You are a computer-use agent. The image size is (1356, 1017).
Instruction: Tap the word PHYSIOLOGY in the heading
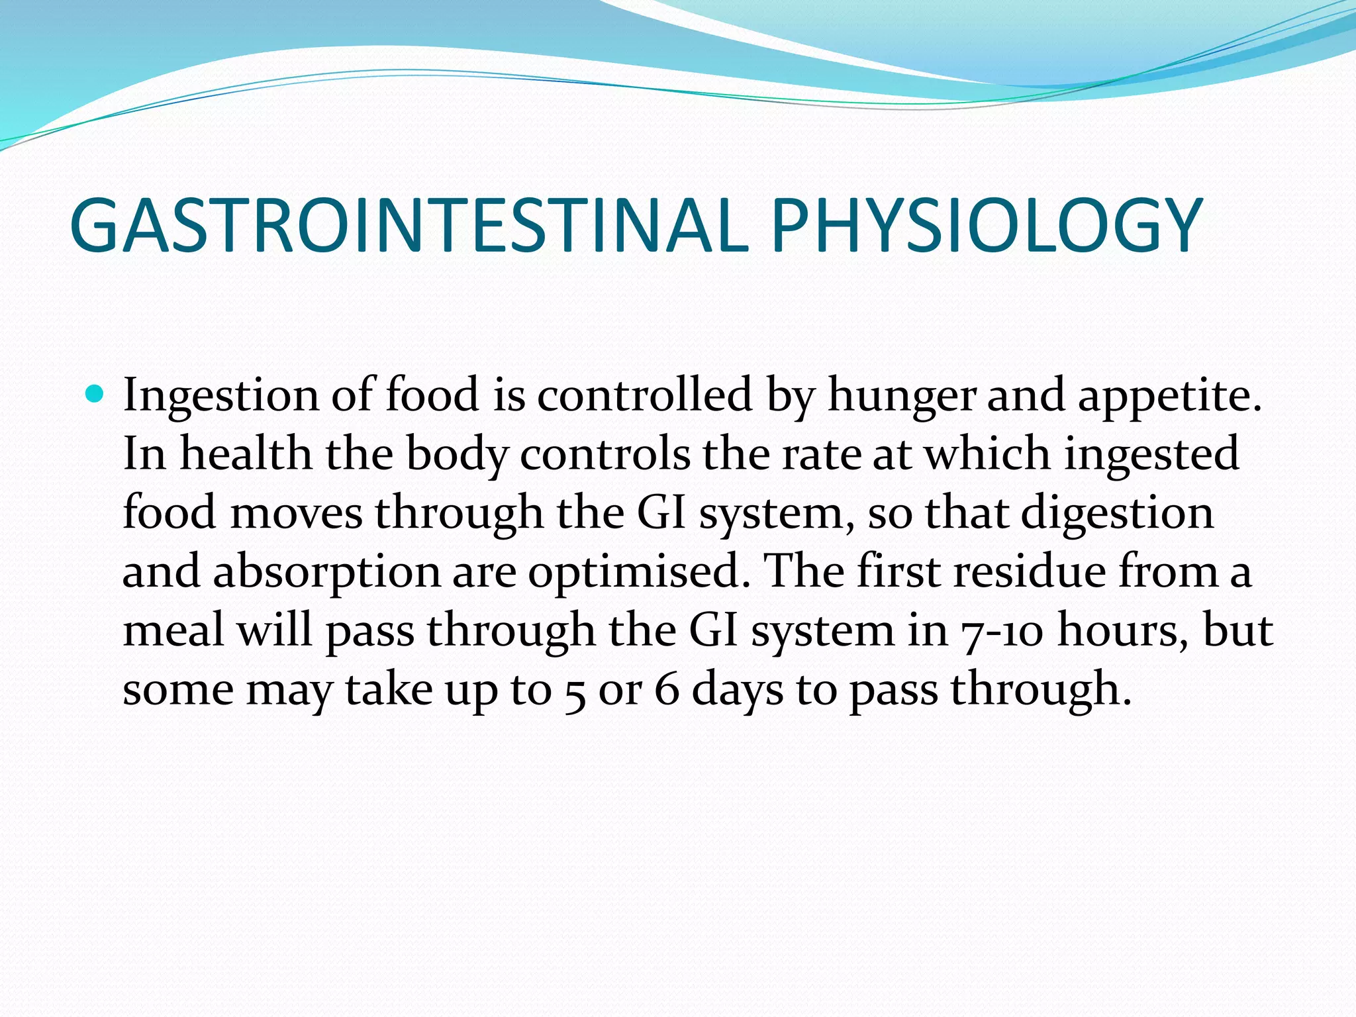point(987,225)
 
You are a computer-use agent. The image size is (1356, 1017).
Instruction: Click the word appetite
point(1169,396)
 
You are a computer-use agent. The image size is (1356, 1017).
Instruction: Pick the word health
point(246,454)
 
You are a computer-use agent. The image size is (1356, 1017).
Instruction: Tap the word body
point(457,454)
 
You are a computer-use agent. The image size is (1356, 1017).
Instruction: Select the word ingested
point(1151,454)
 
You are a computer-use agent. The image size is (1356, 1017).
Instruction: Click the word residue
point(1030,571)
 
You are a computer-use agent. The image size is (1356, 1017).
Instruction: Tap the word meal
point(173,630)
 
